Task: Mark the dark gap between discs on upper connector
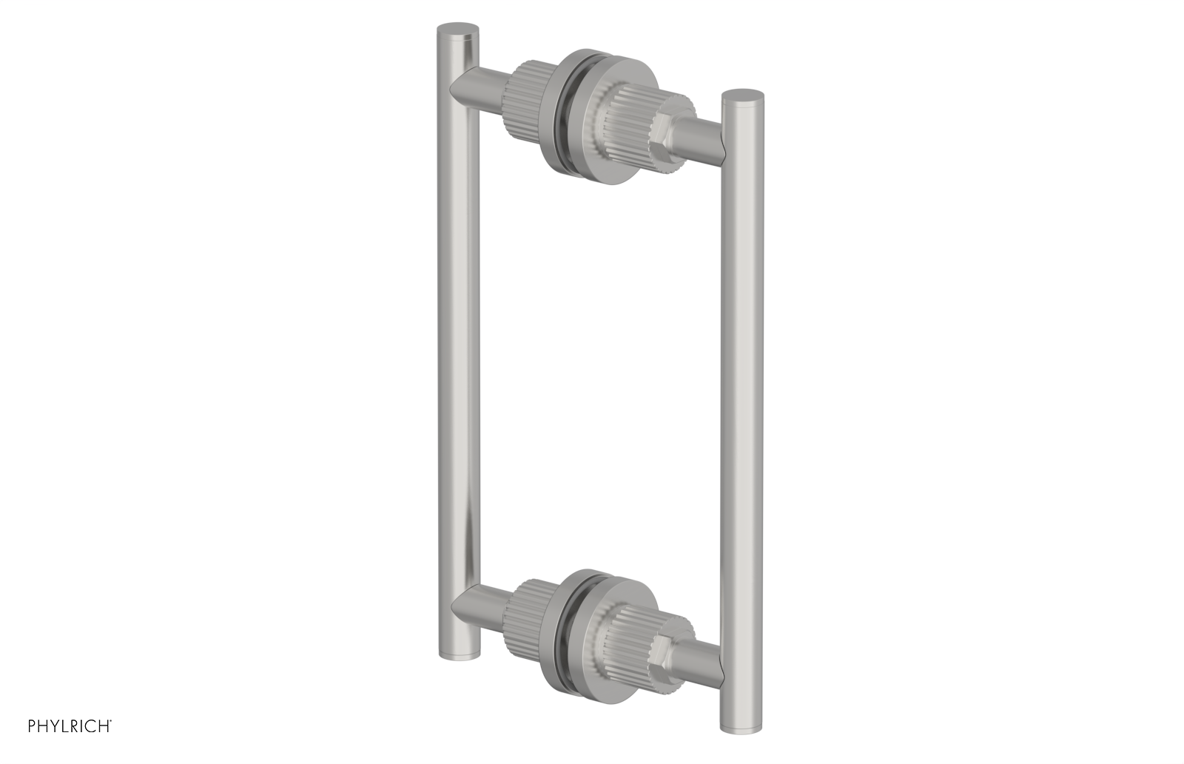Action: tap(565, 104)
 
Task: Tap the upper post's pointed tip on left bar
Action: tap(453, 89)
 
